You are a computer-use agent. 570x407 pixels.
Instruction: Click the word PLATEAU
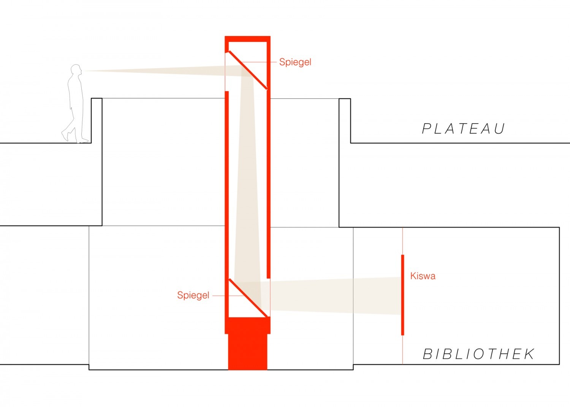pyautogui.click(x=463, y=129)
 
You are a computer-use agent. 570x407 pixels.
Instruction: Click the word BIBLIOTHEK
pyautogui.click(x=479, y=354)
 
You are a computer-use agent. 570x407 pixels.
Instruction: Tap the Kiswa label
pyautogui.click(x=423, y=276)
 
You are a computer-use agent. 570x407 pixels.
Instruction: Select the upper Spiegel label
pyautogui.click(x=295, y=62)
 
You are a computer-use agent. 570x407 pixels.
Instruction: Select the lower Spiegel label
pyautogui.click(x=193, y=295)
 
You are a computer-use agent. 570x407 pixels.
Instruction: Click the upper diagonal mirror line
pyautogui.click(x=248, y=70)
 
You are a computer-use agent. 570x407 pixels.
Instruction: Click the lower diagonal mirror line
pyautogui.click(x=248, y=298)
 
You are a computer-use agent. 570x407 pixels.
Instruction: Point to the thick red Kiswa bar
pyautogui.click(x=402, y=295)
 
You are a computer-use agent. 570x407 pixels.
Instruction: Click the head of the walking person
pyautogui.click(x=76, y=69)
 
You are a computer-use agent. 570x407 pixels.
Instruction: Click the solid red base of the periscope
pyautogui.click(x=248, y=344)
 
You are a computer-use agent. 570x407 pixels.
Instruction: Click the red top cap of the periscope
pyautogui.click(x=248, y=39)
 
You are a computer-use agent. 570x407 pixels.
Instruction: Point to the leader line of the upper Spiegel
pyautogui.click(x=258, y=62)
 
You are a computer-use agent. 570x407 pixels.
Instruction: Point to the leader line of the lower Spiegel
pyautogui.click(x=228, y=296)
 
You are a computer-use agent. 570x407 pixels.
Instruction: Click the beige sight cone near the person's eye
pyautogui.click(x=163, y=71)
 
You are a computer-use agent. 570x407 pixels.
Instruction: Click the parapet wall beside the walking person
pyautogui.click(x=97, y=120)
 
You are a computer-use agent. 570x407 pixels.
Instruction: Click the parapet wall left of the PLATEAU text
pyautogui.click(x=345, y=121)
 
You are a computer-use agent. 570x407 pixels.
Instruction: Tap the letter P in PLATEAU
pyautogui.click(x=426, y=129)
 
